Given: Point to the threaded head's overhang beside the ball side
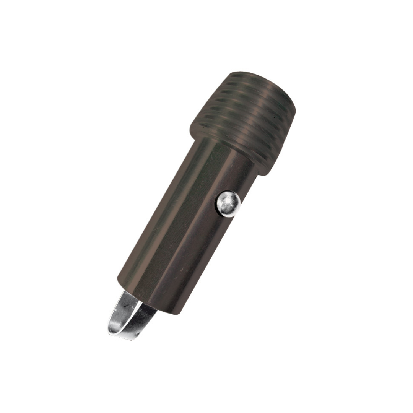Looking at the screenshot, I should coord(268,170).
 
